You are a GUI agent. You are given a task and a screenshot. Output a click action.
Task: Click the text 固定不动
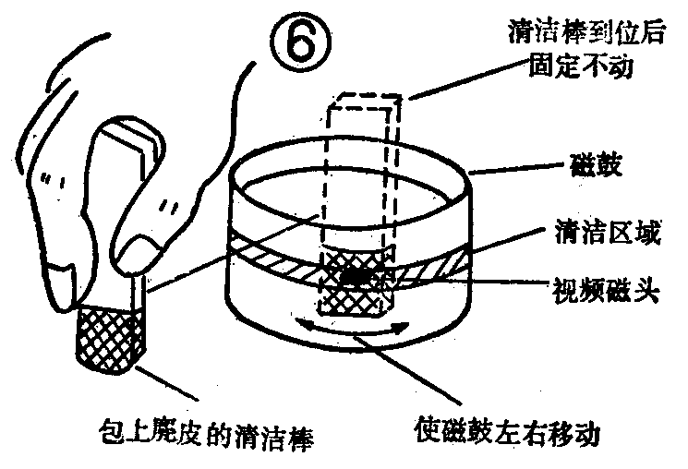point(570,68)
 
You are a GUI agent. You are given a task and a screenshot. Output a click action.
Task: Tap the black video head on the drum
point(356,275)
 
